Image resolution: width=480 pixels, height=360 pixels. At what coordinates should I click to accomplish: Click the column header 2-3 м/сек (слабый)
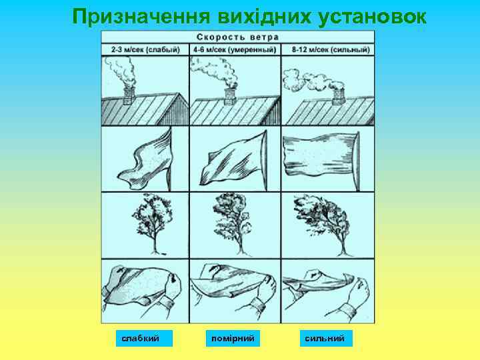pyautogui.click(x=145, y=49)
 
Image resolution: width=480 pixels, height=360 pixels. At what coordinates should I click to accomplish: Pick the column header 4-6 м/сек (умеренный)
pyautogui.click(x=235, y=49)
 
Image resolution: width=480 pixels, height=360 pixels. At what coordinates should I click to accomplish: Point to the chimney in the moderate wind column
pyautogui.click(x=231, y=96)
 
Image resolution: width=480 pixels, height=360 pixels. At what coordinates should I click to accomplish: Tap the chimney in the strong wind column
pyautogui.click(x=338, y=96)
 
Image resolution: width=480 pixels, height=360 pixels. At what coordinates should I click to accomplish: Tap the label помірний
pyautogui.click(x=233, y=339)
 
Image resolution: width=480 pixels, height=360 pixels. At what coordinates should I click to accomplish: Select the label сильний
pyautogui.click(x=325, y=339)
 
